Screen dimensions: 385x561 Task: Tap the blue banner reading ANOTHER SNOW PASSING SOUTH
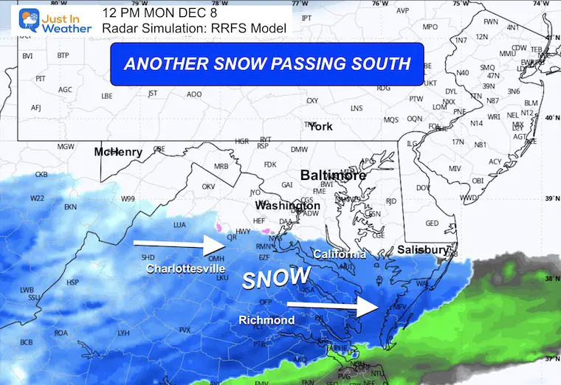pos(266,63)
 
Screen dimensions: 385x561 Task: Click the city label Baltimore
pos(333,176)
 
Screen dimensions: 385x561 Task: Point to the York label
pos(320,126)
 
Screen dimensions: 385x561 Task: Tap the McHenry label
pos(118,152)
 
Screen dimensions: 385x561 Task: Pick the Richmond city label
pos(266,320)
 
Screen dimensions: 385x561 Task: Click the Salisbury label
pos(423,250)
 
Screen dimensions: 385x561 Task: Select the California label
pos(340,254)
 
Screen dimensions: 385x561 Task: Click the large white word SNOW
pos(277,278)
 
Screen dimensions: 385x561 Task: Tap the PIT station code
pos(41,78)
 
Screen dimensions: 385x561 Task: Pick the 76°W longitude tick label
pos(379,4)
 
